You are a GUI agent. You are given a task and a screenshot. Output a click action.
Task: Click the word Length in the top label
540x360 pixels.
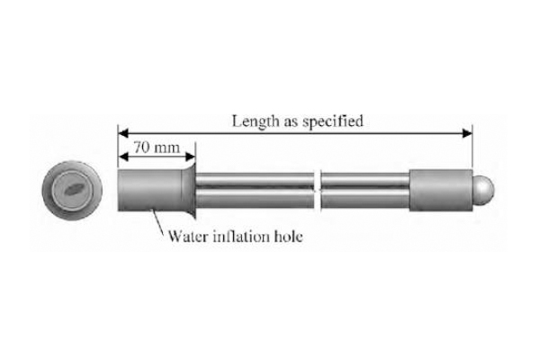(256, 121)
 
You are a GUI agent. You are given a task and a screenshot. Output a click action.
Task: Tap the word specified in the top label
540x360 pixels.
(333, 122)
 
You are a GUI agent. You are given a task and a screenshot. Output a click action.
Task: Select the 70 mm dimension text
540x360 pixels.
(157, 148)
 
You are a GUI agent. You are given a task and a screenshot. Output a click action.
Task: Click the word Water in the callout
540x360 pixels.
(189, 237)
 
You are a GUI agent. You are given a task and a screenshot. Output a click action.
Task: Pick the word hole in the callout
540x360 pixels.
(288, 237)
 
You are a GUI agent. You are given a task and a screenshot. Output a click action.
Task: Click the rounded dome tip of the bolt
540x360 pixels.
(483, 189)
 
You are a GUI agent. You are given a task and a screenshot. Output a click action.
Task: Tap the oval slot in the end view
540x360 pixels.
(73, 189)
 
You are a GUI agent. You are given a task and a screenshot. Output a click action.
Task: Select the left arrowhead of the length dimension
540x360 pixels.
(123, 133)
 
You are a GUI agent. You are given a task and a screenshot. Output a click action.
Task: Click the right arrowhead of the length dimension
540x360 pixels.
(467, 133)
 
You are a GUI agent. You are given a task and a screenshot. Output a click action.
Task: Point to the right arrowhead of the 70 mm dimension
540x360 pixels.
(191, 157)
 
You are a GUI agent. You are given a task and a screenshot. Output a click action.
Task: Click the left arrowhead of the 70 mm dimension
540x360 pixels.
(123, 157)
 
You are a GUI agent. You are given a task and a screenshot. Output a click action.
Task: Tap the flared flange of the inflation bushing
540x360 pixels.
(189, 190)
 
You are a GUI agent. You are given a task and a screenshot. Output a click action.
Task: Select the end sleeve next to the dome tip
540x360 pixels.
(441, 190)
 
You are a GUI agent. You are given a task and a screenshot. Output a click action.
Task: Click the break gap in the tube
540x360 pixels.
(318, 190)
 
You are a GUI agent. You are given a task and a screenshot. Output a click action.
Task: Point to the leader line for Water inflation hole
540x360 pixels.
(158, 221)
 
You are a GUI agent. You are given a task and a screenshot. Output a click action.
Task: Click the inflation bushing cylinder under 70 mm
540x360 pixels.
(149, 190)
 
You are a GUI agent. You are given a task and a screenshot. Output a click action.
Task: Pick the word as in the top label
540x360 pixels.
(291, 123)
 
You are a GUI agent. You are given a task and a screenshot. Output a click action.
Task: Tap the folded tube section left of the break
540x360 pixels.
(255, 191)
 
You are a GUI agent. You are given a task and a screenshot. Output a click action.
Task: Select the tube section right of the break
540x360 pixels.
(365, 191)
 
